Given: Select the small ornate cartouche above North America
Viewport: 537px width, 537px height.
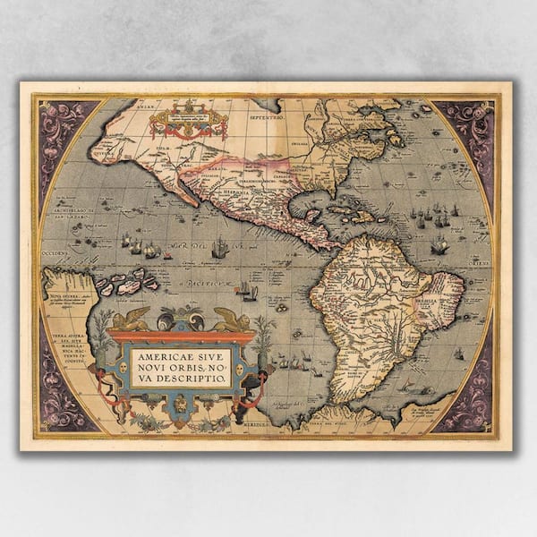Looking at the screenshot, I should click(x=188, y=122).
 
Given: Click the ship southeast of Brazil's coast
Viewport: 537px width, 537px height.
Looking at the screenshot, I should click(x=458, y=354).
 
